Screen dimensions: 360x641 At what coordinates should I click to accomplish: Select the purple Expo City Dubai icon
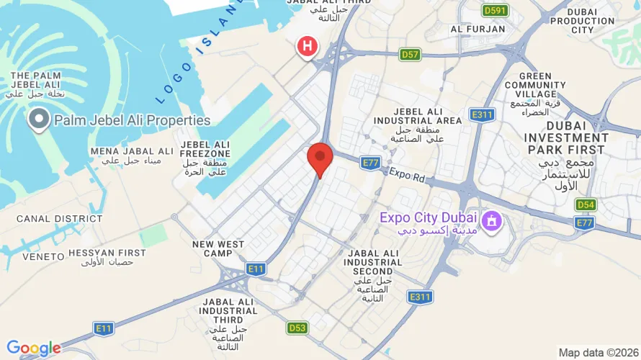pyautogui.click(x=492, y=220)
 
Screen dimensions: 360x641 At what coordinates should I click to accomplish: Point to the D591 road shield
pyautogui.click(x=495, y=10)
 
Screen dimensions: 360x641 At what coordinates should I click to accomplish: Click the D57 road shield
pyautogui.click(x=411, y=54)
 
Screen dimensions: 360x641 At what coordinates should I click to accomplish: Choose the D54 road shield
pyautogui.click(x=586, y=205)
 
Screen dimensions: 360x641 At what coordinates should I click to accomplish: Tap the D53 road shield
pyautogui.click(x=298, y=328)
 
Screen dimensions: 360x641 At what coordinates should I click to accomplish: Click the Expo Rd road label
pyautogui.click(x=407, y=174)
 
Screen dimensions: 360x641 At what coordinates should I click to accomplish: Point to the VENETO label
pyautogui.click(x=39, y=257)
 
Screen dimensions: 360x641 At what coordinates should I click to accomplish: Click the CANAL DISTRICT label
pyautogui.click(x=50, y=219)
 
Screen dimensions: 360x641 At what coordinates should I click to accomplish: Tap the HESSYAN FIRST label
pyautogui.click(x=107, y=253)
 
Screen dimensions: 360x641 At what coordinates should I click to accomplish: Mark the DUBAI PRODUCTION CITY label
pyautogui.click(x=582, y=21)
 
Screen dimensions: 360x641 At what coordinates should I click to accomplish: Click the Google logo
pyautogui.click(x=33, y=348)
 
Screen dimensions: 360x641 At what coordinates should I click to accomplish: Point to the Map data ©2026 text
pyautogui.click(x=597, y=353)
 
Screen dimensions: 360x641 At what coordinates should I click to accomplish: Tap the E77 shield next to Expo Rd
pyautogui.click(x=371, y=163)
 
